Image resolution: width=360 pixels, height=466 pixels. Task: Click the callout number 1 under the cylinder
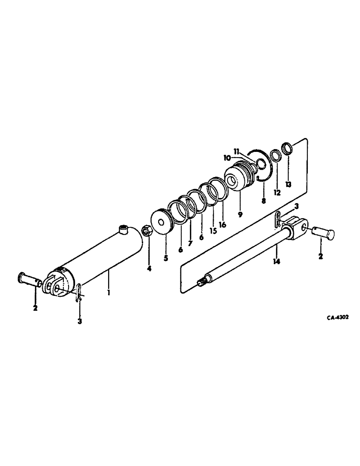click(x=108, y=294)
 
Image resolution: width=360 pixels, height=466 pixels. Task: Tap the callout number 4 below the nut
click(x=149, y=268)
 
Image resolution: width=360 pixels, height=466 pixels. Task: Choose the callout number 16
click(x=223, y=225)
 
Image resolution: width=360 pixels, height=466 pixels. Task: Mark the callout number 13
click(x=288, y=185)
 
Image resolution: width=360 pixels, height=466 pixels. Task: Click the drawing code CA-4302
click(x=338, y=318)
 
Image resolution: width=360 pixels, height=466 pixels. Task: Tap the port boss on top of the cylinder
click(x=124, y=228)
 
